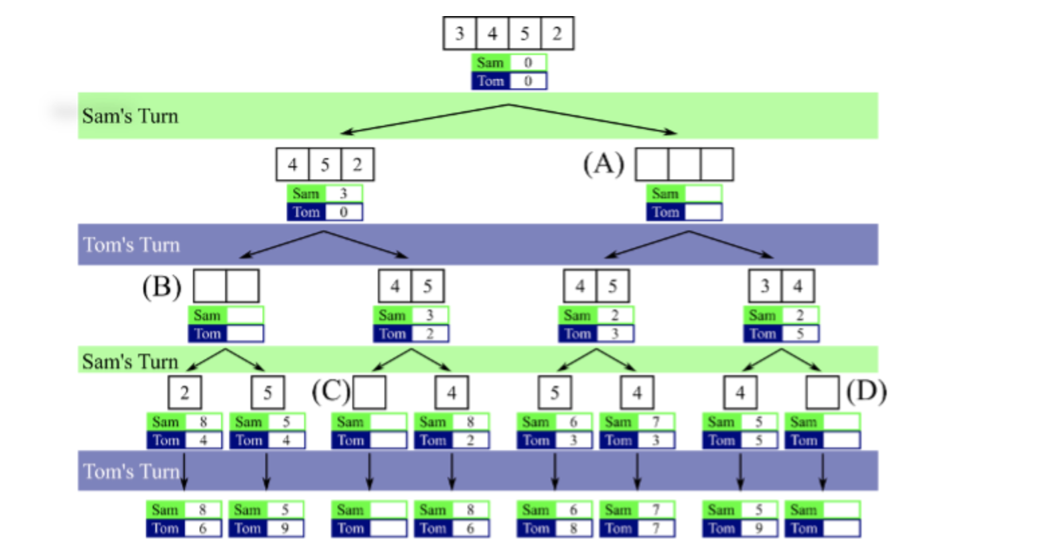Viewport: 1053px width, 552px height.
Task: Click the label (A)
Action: click(604, 163)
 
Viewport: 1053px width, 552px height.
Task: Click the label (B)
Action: click(161, 287)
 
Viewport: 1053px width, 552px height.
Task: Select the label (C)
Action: click(330, 391)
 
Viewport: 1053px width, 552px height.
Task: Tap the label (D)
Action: click(867, 391)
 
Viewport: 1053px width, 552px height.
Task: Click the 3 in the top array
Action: click(460, 33)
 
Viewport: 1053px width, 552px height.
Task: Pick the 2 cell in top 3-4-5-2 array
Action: click(557, 33)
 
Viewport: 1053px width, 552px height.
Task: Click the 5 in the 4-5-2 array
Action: click(325, 165)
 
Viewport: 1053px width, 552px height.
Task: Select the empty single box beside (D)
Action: click(823, 393)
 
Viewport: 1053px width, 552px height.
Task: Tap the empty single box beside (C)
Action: click(369, 393)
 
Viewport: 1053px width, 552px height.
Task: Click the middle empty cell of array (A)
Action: click(684, 165)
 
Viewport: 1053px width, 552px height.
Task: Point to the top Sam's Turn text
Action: click(130, 117)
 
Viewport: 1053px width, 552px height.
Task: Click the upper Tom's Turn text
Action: click(131, 245)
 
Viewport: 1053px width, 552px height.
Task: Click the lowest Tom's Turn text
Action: click(131, 472)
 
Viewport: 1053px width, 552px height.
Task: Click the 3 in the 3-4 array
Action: click(765, 287)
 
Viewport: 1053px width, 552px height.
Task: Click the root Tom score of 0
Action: click(528, 81)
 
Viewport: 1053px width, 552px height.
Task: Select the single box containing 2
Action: click(184, 393)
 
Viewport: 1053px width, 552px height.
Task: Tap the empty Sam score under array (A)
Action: click(702, 194)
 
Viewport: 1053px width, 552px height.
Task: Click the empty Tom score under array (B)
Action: click(244, 334)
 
